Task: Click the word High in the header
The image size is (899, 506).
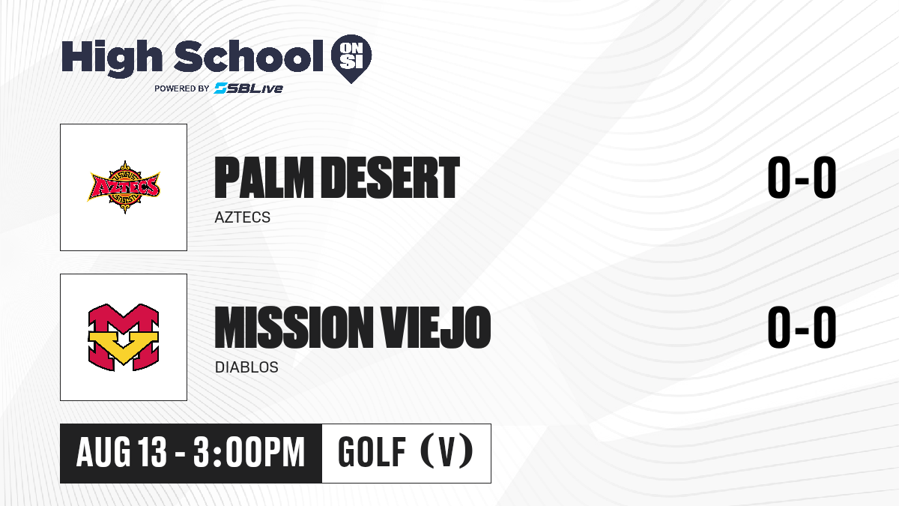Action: pos(112,58)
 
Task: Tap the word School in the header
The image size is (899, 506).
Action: pos(249,56)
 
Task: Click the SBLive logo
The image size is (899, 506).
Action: pos(249,88)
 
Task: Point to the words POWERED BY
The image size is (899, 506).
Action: pos(182,88)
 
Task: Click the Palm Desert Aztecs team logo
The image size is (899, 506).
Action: pos(124,187)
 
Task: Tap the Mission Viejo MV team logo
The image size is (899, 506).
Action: pos(124,337)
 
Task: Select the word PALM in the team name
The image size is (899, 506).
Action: pos(264,177)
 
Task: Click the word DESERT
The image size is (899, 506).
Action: pos(390,177)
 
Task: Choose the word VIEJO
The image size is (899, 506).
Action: pos(435,327)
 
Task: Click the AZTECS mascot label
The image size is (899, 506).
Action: pos(243,217)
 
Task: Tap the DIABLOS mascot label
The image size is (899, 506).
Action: pos(246,367)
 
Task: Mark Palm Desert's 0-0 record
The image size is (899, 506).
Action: pos(802,177)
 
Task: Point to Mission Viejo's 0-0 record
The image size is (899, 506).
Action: pos(802,327)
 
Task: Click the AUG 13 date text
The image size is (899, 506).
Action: pos(121,452)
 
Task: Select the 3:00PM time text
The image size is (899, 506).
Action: pos(249,452)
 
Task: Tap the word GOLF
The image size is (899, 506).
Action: pos(372,452)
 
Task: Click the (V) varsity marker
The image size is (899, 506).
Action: pos(447,451)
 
